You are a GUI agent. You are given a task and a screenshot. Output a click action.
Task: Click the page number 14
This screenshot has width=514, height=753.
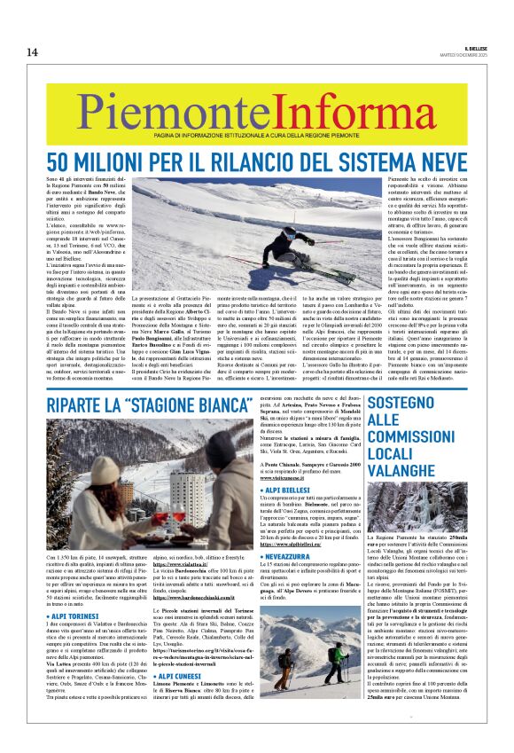coord(32,52)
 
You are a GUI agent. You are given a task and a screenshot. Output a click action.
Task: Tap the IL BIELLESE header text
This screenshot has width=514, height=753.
coord(476,48)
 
